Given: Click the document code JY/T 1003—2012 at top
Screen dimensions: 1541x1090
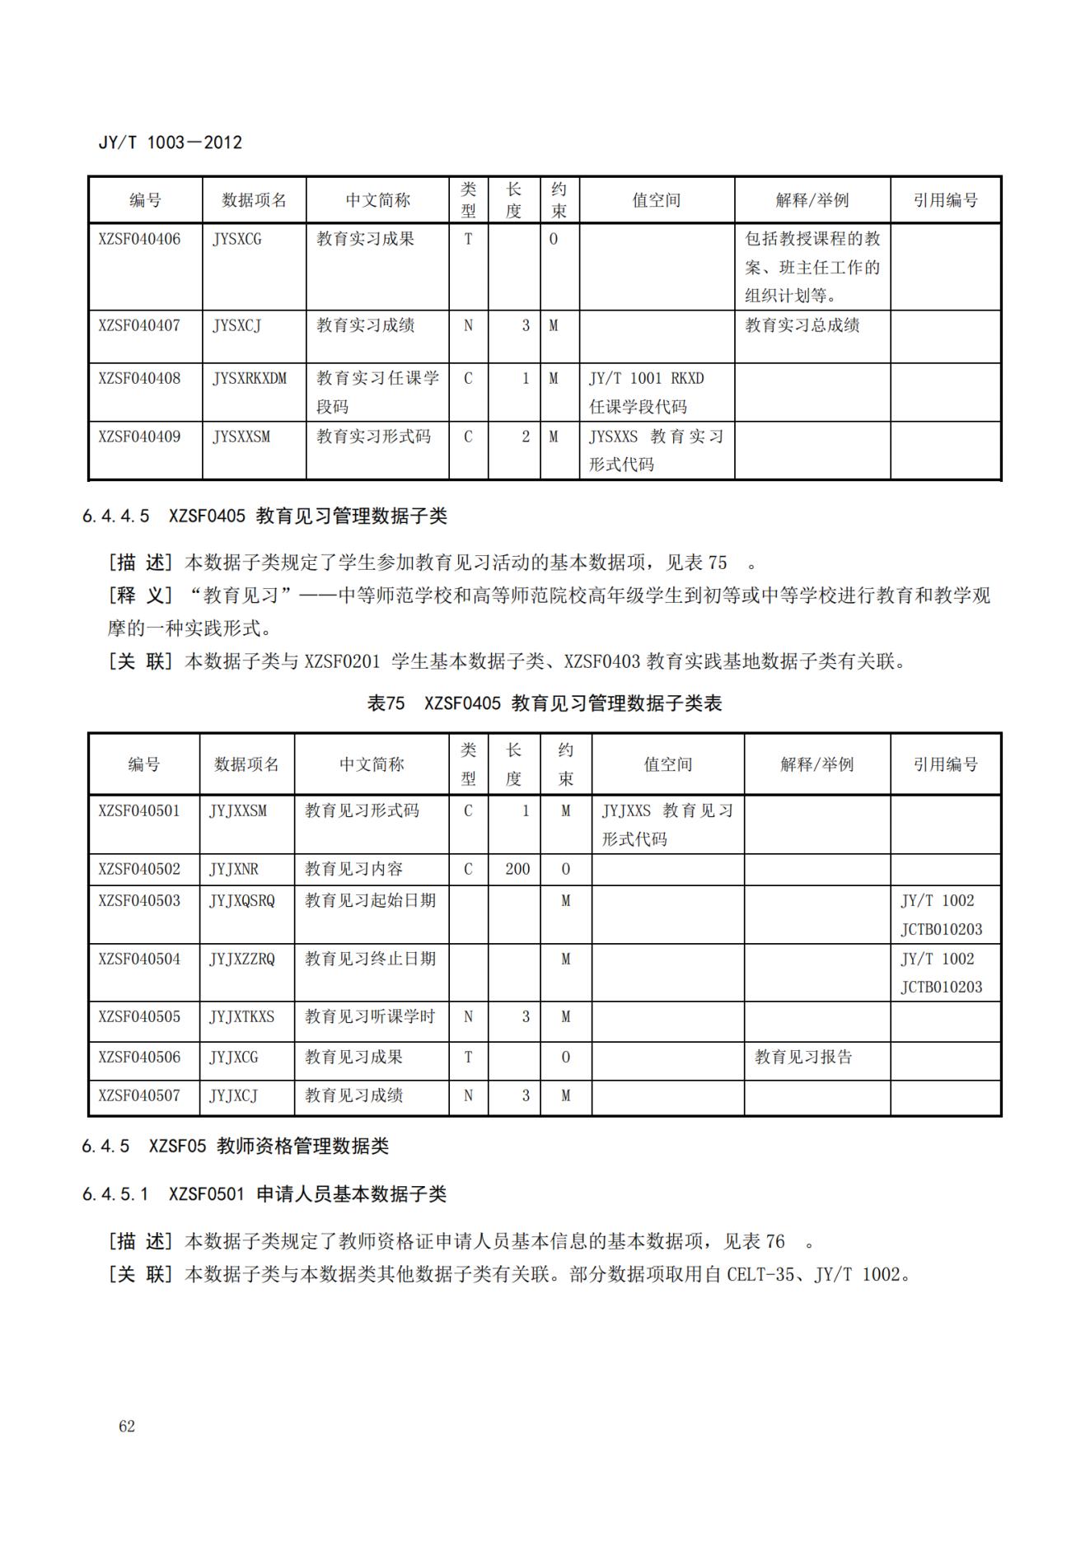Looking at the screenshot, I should pyautogui.click(x=171, y=142).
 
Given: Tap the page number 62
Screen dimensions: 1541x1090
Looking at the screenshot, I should pyautogui.click(x=127, y=1427).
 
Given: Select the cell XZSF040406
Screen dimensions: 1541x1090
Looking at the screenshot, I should pyautogui.click(x=139, y=239).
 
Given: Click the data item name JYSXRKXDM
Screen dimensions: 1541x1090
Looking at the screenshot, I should pyautogui.click(x=250, y=379).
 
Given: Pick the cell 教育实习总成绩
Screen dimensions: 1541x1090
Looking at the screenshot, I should pyautogui.click(x=802, y=325).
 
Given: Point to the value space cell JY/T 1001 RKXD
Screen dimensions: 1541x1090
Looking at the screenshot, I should pyautogui.click(x=646, y=379).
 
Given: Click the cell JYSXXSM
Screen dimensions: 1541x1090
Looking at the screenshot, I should pyautogui.click(x=241, y=437).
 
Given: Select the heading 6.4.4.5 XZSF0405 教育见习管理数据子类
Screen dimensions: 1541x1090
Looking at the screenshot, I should pyautogui.click(x=264, y=516).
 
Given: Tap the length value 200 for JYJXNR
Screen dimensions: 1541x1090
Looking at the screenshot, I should pyautogui.click(x=517, y=869).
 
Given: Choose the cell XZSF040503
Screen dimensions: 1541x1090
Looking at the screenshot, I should pyautogui.click(x=139, y=901).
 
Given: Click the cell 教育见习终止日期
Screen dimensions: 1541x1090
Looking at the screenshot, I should pyautogui.click(x=370, y=959).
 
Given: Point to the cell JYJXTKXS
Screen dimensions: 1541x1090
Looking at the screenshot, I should pyautogui.click(x=241, y=1017).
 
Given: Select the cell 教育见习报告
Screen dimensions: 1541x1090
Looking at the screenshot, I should pyautogui.click(x=803, y=1057).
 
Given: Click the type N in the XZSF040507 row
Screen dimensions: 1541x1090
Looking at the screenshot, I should pyautogui.click(x=468, y=1096).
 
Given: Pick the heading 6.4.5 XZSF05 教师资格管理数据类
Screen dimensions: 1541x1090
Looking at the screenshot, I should pyautogui.click(x=236, y=1146).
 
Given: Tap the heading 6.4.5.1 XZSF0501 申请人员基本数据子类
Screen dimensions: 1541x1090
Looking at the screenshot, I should pyautogui.click(x=264, y=1194).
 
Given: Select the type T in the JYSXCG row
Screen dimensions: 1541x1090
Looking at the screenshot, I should pyautogui.click(x=468, y=239).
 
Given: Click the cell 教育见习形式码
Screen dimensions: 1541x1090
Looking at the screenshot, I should pyautogui.click(x=362, y=810).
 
